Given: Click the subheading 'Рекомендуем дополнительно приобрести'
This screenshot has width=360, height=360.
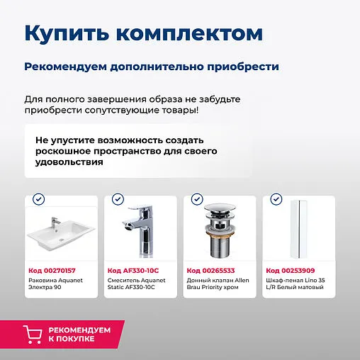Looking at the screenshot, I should tap(151, 67).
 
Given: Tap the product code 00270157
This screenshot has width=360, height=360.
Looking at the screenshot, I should tap(52, 270).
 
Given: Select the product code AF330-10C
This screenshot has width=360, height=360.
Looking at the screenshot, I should tap(133, 270).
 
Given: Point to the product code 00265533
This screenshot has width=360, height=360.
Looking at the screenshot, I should tap(210, 270).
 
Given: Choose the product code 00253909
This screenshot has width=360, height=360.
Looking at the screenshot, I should tap(290, 270).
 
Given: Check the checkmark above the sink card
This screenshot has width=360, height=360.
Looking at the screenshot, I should tap(38, 201).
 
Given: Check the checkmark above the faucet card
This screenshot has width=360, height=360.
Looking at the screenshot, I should tap(118, 201).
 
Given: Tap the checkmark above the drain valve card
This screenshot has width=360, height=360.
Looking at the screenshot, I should tap(197, 201).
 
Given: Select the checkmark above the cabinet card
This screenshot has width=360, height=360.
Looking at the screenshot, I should tap(276, 201).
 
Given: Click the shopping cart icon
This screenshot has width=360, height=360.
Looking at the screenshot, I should tap(32, 335).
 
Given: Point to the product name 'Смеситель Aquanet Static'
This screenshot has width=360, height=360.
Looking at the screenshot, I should tap(136, 283).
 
